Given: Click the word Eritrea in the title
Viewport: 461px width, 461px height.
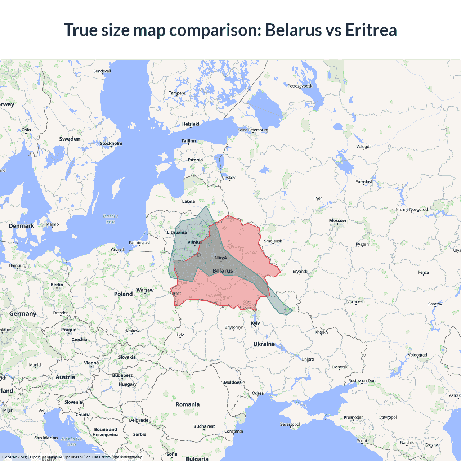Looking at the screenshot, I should [371, 30].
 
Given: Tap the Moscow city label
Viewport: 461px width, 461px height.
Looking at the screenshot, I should [337, 221].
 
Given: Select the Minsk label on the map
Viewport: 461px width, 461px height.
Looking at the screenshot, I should [221, 258].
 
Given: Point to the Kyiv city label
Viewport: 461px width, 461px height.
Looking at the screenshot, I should [255, 323].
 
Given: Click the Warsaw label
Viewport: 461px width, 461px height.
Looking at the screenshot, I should [145, 290].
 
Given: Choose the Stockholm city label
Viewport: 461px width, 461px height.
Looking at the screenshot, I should [111, 143].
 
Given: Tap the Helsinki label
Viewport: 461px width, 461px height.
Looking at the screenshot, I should [191, 124].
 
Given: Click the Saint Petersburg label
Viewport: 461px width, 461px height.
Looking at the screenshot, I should [253, 130].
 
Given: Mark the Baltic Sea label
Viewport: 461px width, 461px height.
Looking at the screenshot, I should [110, 219].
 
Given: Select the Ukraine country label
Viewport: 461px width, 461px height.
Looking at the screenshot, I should [264, 344].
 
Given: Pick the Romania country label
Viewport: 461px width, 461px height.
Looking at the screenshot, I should [188, 404].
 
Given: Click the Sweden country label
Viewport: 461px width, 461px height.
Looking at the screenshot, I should [70, 139].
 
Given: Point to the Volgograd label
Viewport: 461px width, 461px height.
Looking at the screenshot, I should [417, 355].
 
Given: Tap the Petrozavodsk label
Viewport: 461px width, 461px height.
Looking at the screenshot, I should [300, 86].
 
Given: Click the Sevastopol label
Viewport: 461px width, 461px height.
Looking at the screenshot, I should [290, 424].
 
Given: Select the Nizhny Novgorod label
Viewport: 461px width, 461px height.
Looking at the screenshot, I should [412, 209].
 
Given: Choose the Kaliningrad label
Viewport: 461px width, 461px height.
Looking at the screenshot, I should [139, 242].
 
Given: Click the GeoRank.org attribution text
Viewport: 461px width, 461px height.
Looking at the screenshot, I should [14, 457].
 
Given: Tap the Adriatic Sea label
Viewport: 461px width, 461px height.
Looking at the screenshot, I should [71, 442].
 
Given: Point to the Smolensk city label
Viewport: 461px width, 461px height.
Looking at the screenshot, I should [273, 241].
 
